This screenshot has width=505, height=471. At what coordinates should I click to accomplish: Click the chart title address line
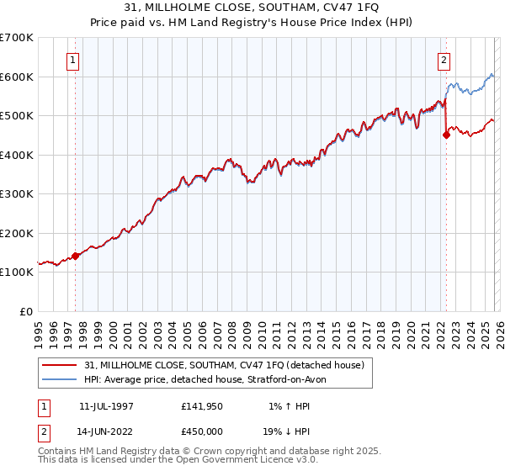tap(252, 8)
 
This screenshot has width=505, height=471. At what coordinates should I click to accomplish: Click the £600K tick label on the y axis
tap(17, 77)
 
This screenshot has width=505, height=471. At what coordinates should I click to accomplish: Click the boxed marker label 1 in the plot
tap(74, 60)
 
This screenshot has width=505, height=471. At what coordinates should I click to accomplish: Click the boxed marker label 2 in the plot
tap(444, 60)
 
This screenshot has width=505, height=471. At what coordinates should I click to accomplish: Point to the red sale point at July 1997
tap(76, 256)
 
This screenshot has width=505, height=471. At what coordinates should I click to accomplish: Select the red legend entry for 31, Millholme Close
tap(224, 365)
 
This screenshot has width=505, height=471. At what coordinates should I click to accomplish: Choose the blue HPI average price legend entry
tap(210, 379)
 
